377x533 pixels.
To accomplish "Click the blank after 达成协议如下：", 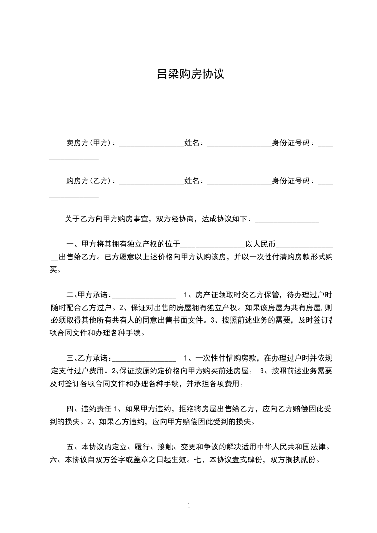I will (287, 220).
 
